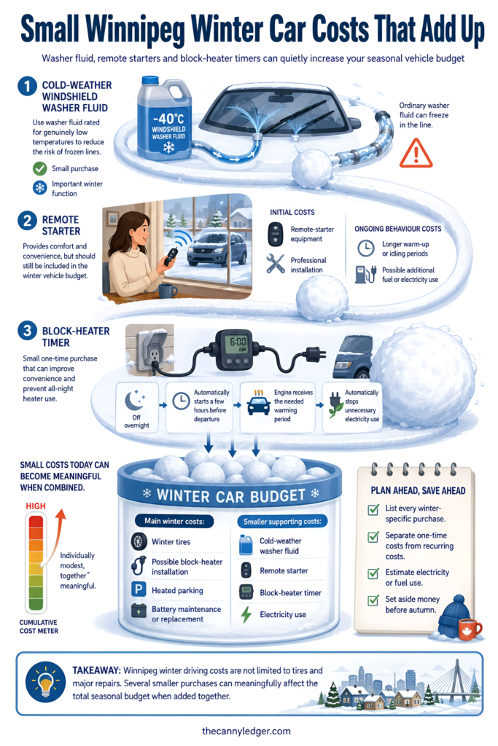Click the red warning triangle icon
pos(416,154)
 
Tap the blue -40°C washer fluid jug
pos(164,119)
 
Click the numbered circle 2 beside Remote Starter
pos(27,221)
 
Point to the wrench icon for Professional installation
pos(275,264)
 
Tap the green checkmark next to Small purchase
pos(39,168)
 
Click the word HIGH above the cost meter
pos(36,506)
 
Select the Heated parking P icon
pos(139,590)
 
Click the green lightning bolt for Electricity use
pos(246,614)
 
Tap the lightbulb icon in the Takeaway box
pos(45,683)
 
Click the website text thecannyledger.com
pos(246,731)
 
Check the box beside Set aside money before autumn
pos(373,600)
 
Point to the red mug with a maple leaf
pos(470,629)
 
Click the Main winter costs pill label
pos(174,521)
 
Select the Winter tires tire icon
pos(139,541)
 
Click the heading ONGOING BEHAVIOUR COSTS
pos(397,229)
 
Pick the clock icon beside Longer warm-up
pos(365,248)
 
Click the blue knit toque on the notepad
pos(453,616)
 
